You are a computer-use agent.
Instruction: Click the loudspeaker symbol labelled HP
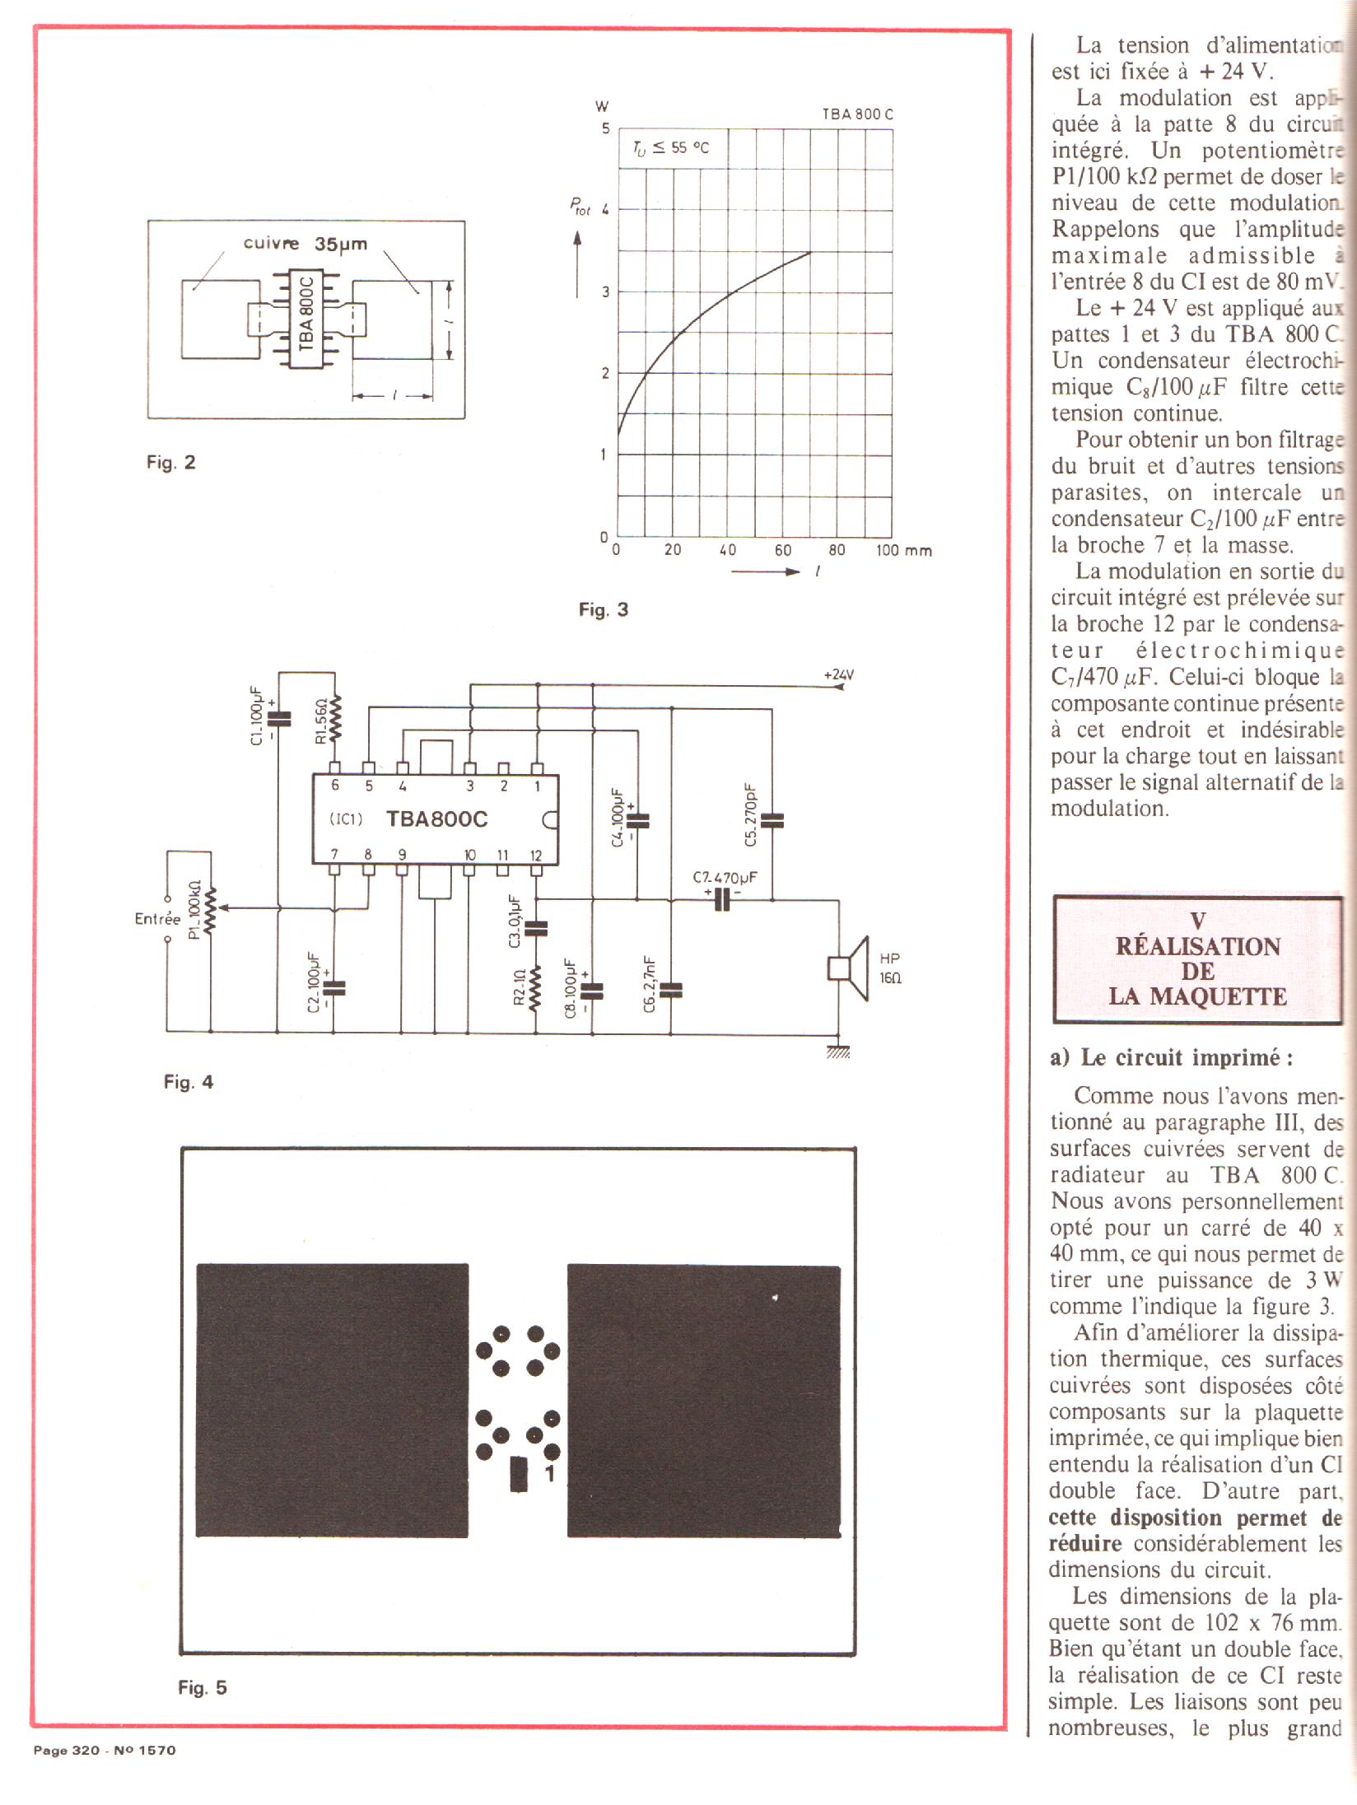(849, 968)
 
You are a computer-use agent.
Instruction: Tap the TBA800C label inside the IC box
(436, 819)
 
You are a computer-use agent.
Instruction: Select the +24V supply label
(838, 675)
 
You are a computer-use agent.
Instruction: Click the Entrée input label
(157, 918)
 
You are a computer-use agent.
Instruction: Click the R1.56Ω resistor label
(322, 721)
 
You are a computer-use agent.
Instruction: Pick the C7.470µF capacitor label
(724, 878)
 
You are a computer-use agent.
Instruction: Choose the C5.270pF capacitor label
(749, 815)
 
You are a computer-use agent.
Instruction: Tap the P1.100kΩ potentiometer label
(194, 910)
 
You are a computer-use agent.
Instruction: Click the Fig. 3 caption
(603, 610)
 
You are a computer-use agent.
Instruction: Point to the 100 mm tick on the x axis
(902, 551)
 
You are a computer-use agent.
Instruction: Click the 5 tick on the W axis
(605, 128)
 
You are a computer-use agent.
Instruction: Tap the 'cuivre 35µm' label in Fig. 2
(305, 244)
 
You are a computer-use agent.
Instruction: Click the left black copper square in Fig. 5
(332, 1400)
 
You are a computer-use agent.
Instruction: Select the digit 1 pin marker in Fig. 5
(550, 1473)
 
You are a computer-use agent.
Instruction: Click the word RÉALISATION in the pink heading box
(1197, 946)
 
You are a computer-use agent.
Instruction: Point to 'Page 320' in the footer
(66, 1750)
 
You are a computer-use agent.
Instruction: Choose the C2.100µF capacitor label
(313, 982)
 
